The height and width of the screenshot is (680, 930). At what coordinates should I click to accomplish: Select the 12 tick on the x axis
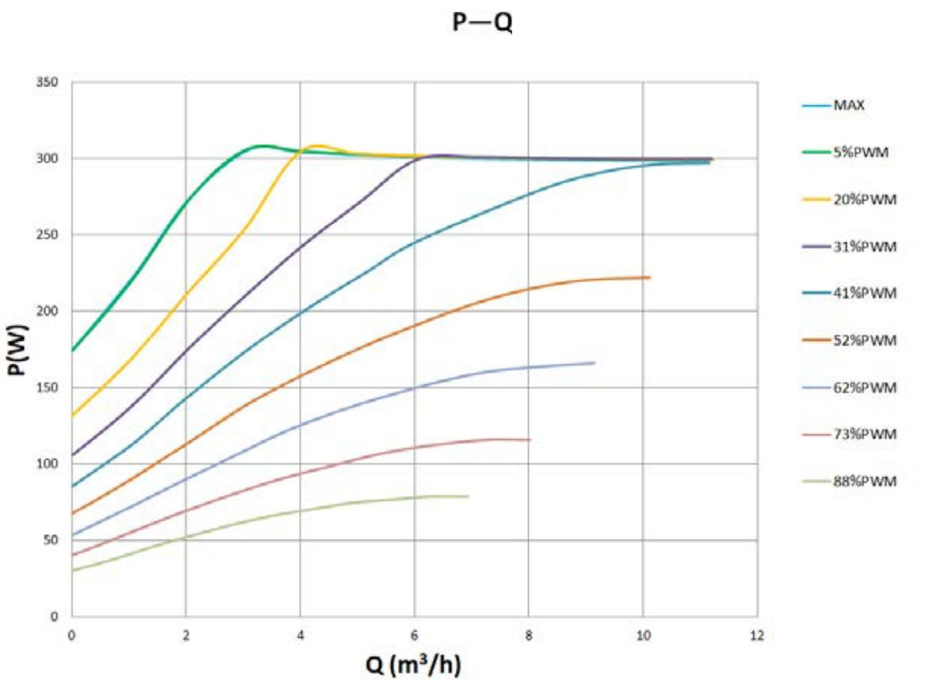(757, 635)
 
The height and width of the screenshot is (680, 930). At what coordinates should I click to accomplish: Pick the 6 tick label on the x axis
(415, 635)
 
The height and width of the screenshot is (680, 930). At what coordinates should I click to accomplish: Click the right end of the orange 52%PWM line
(649, 277)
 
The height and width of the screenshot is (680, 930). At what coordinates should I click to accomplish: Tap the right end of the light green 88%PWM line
(468, 496)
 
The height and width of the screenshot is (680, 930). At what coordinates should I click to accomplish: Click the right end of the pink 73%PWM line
(529, 439)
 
